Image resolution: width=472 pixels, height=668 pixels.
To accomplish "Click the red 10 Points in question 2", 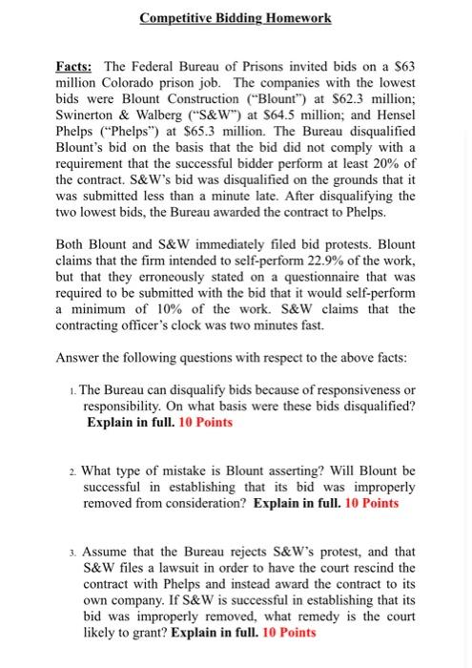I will (x=367, y=502).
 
